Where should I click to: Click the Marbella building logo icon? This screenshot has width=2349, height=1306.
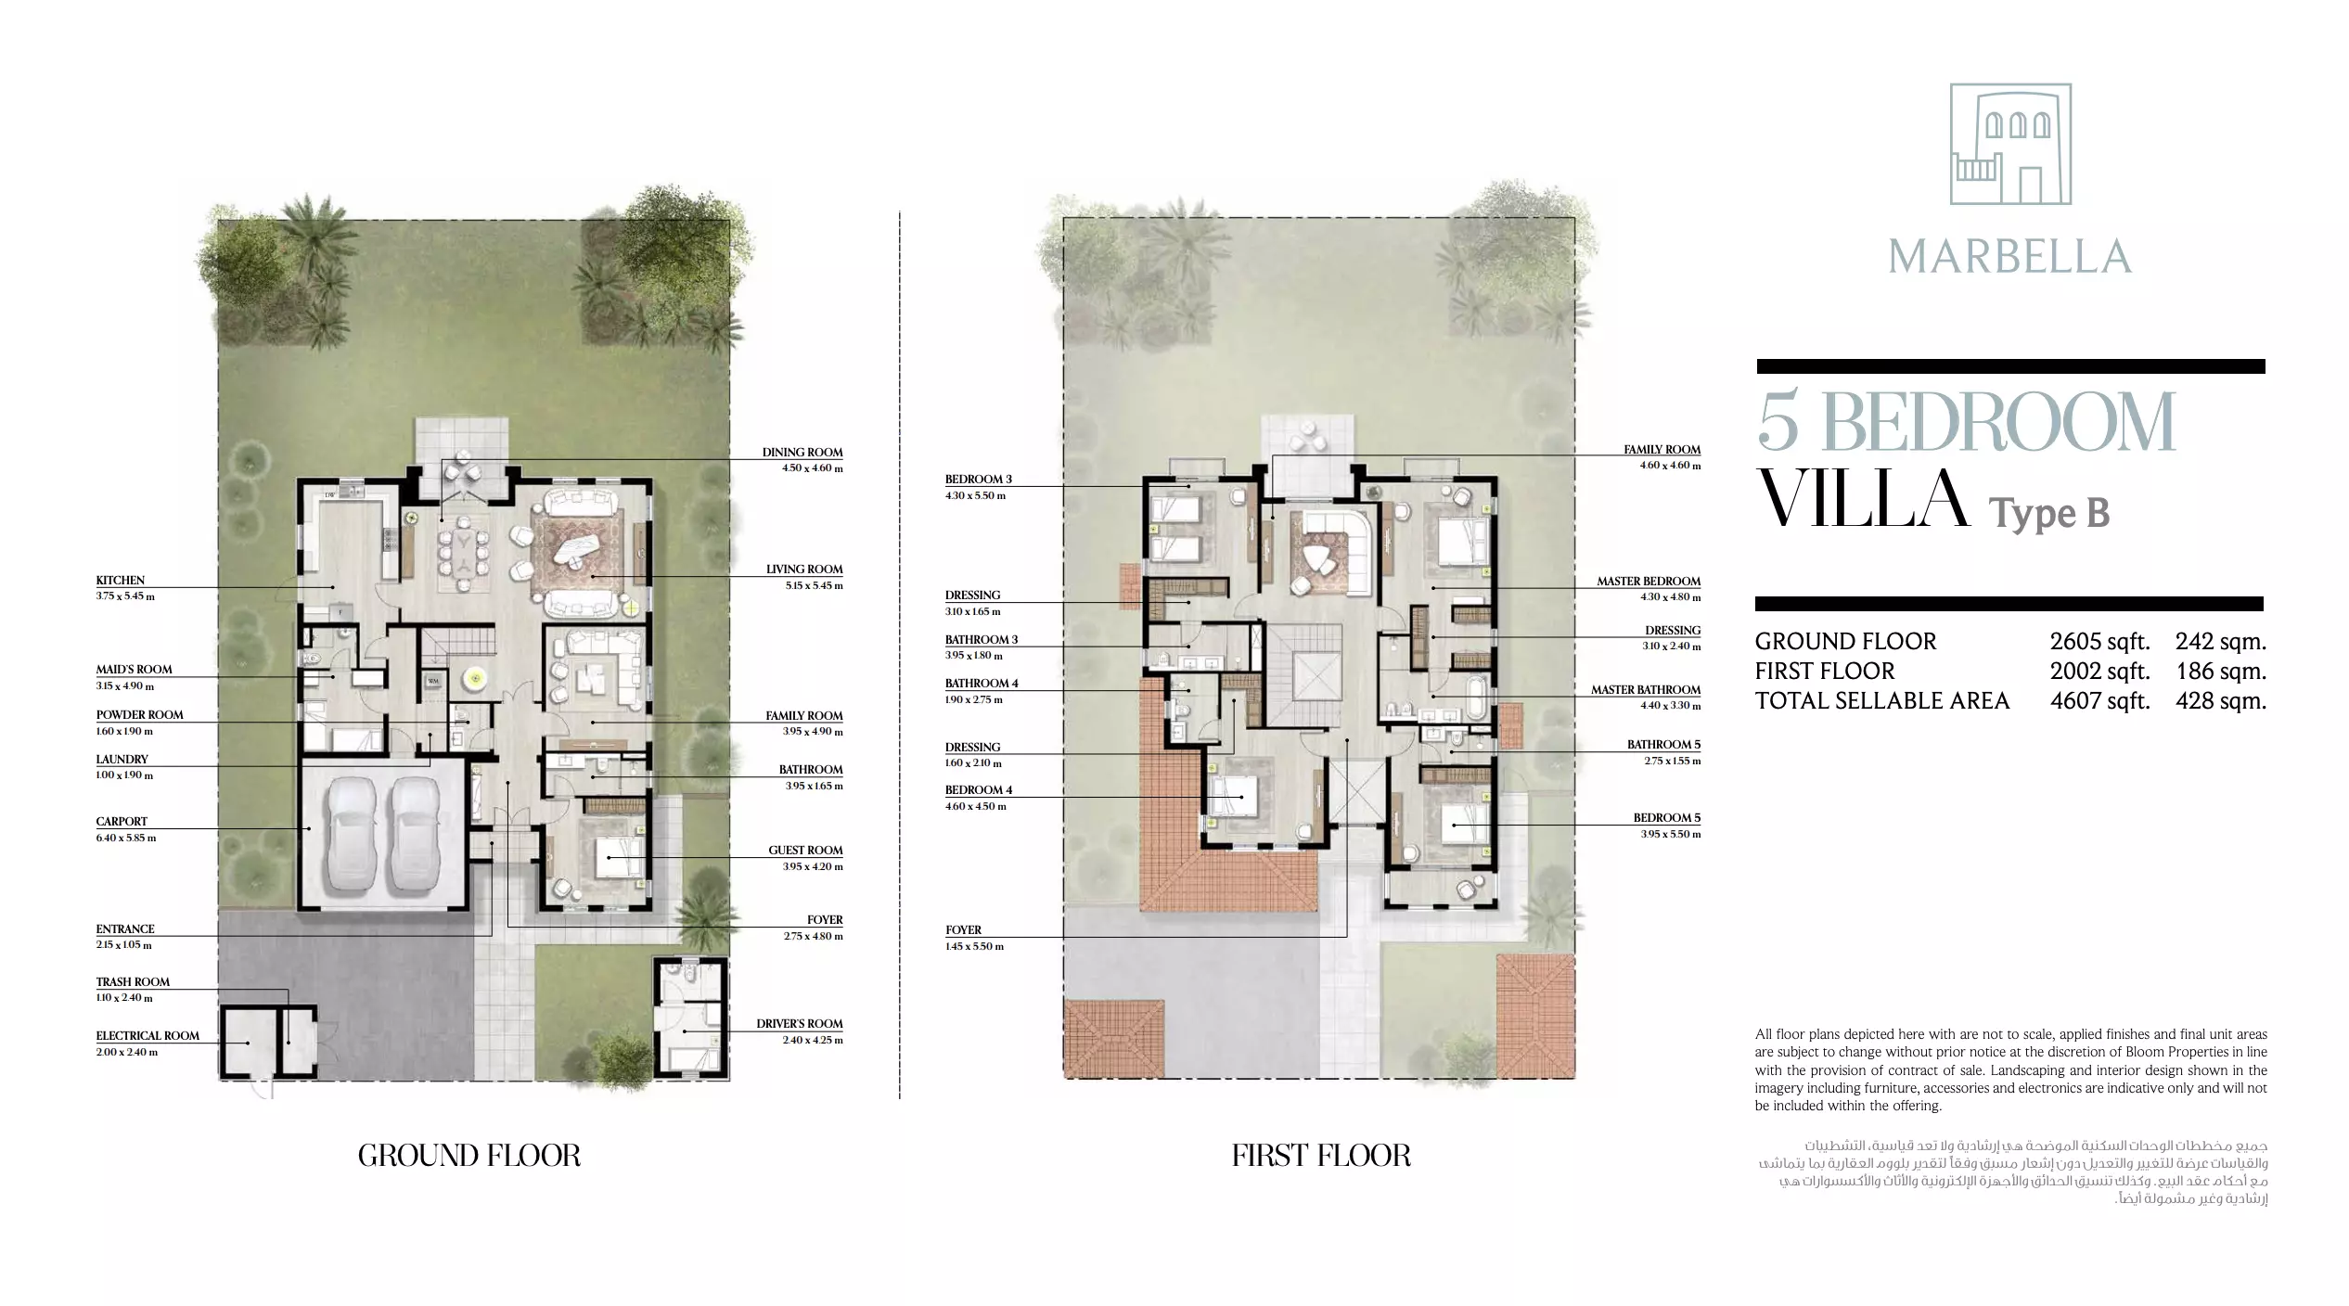2010,144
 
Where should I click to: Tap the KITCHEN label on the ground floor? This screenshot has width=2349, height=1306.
121,580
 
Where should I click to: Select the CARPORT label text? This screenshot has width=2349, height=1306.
122,821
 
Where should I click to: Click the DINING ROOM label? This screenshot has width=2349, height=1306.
802,453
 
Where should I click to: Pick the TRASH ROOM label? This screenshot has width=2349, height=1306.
133,981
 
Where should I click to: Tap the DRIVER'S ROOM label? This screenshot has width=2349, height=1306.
800,1024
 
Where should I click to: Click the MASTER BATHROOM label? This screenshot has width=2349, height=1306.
1646,690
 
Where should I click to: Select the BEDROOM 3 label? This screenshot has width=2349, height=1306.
979,480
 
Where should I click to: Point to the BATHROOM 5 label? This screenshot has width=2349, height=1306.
1664,745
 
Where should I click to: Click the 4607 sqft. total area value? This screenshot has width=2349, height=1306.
2099,700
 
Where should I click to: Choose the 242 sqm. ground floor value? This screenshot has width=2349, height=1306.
2221,641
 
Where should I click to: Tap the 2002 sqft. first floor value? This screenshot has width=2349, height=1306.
2099,671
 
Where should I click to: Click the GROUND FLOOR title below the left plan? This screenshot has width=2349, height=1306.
469,1155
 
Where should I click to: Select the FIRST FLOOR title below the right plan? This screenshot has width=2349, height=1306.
1321,1155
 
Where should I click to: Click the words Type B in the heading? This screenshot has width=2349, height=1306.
2049,513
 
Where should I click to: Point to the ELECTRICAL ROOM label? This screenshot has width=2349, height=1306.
148,1036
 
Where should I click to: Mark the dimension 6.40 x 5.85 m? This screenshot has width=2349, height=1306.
126,838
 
